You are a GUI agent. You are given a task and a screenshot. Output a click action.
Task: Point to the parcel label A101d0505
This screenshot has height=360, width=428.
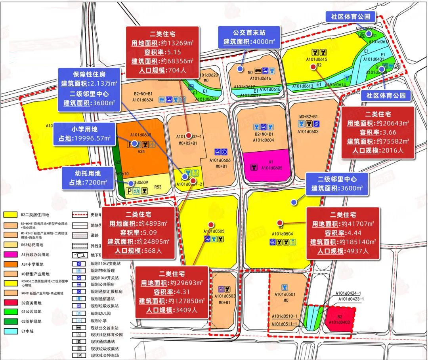coord(214,231)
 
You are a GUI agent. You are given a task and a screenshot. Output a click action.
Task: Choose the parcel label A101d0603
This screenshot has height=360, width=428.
coord(308,131)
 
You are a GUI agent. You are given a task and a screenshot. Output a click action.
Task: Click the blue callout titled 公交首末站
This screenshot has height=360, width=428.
coord(250,36)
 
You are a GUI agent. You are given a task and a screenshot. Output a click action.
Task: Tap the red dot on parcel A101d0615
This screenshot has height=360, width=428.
coord(313,67)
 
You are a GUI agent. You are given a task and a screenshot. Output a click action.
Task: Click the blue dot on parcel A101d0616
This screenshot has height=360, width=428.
coord(240,69)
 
